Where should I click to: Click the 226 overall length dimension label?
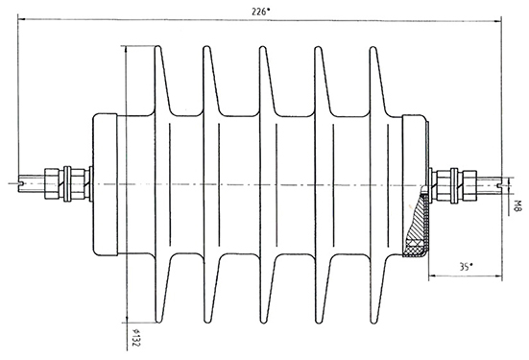tap(261, 12)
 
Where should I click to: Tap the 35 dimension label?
tap(466, 267)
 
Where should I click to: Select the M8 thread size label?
tap(517, 205)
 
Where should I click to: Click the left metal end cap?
tap(105, 184)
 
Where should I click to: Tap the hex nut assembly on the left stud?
tap(68, 184)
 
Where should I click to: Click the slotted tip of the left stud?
tap(20, 184)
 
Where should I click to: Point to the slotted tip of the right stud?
tap(499, 185)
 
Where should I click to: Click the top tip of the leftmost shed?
tap(157, 47)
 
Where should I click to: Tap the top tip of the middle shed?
tap(263, 47)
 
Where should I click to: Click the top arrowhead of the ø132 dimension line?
tap(126, 49)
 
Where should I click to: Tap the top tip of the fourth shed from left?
tap(318, 47)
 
